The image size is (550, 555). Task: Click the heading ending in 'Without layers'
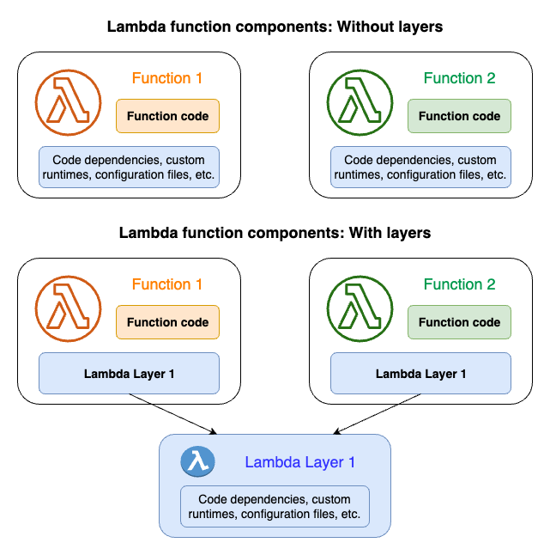(275, 27)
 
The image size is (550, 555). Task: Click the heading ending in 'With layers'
(275, 233)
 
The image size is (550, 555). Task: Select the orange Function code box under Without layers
(167, 116)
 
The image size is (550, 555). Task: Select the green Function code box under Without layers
(459, 116)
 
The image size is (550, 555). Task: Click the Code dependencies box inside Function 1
(130, 168)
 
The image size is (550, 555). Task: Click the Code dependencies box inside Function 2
(420, 168)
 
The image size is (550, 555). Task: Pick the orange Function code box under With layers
(167, 322)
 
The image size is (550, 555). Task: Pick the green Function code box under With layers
(459, 322)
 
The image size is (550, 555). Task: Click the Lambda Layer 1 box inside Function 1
(130, 374)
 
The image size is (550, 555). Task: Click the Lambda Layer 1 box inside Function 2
(420, 374)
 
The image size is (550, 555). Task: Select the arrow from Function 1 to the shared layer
(172, 414)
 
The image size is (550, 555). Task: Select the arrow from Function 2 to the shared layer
(378, 415)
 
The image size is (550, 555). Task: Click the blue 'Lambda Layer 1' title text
(299, 462)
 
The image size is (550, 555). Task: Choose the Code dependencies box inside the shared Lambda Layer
(275, 507)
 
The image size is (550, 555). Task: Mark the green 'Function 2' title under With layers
(459, 284)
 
